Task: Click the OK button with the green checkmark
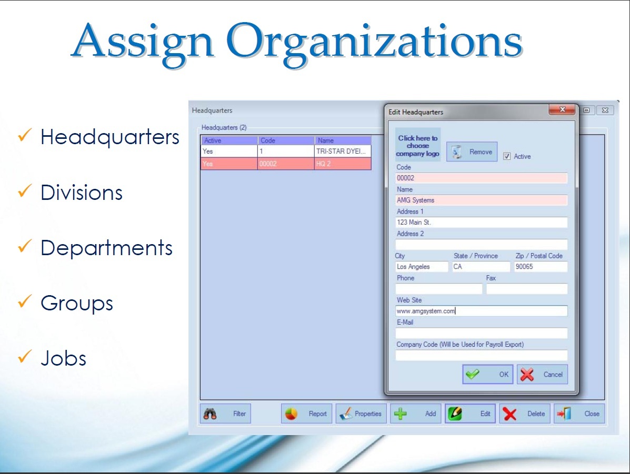pos(487,375)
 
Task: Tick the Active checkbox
pos(507,156)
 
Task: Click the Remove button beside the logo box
pos(472,152)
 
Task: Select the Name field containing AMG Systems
pos(482,200)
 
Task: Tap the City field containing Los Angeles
pos(422,267)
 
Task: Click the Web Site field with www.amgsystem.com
pos(482,311)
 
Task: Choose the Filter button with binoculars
pos(225,414)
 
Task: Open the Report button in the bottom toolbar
pos(306,414)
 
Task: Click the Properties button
pos(361,414)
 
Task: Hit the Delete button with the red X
pos(524,414)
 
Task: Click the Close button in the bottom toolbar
pos(579,414)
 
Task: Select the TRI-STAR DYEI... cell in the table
pos(343,152)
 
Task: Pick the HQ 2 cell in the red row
pos(343,164)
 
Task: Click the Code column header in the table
pos(286,140)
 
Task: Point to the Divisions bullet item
pos(82,193)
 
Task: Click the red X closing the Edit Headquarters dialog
pos(563,109)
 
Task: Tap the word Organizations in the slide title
pos(374,42)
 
